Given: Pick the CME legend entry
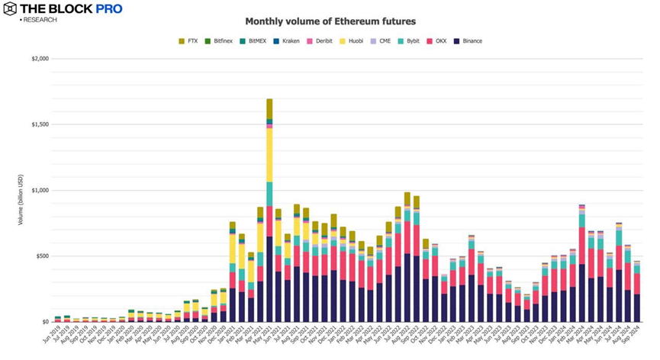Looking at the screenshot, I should (x=381, y=41).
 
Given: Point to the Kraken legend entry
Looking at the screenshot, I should (x=286, y=41).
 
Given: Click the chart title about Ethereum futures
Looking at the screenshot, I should (x=330, y=21).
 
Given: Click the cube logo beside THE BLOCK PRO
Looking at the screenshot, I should (x=10, y=9).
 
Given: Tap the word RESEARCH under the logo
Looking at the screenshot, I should (x=40, y=20).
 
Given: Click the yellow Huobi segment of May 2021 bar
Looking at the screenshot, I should (x=269, y=156).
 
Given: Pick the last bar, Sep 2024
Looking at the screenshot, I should (x=637, y=290).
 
